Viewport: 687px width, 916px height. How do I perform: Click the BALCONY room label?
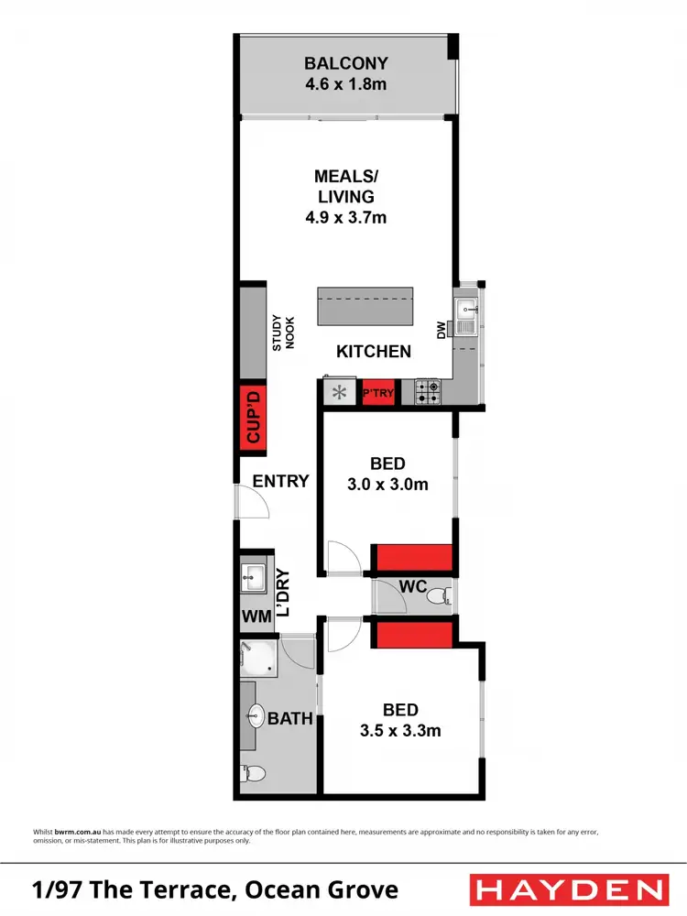point(346,64)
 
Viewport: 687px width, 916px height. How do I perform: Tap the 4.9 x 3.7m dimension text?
point(346,218)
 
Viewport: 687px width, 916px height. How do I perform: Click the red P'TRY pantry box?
point(378,393)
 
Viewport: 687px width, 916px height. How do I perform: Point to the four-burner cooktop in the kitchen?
point(428,393)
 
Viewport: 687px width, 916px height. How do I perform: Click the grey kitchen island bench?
point(365,306)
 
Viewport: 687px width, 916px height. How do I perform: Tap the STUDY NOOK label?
point(281,332)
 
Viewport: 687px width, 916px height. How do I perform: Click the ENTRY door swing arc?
point(250,502)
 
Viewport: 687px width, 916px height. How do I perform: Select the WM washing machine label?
point(256,616)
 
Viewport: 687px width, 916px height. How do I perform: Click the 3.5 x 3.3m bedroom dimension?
point(400,731)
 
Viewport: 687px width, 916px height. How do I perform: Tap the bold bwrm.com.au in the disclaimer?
point(70,831)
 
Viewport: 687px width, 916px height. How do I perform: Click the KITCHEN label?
point(374,351)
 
